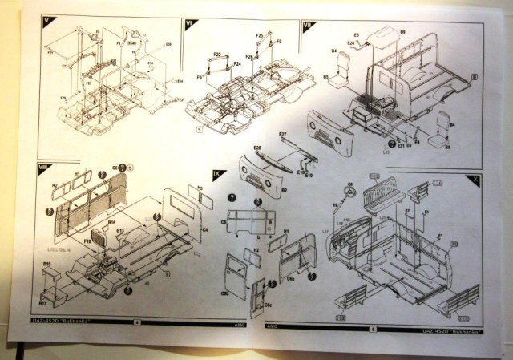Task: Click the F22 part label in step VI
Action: (216, 54)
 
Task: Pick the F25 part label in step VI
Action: (248, 57)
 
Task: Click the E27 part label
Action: (283, 134)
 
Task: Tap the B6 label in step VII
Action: (402, 31)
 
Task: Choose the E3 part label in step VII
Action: (356, 34)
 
